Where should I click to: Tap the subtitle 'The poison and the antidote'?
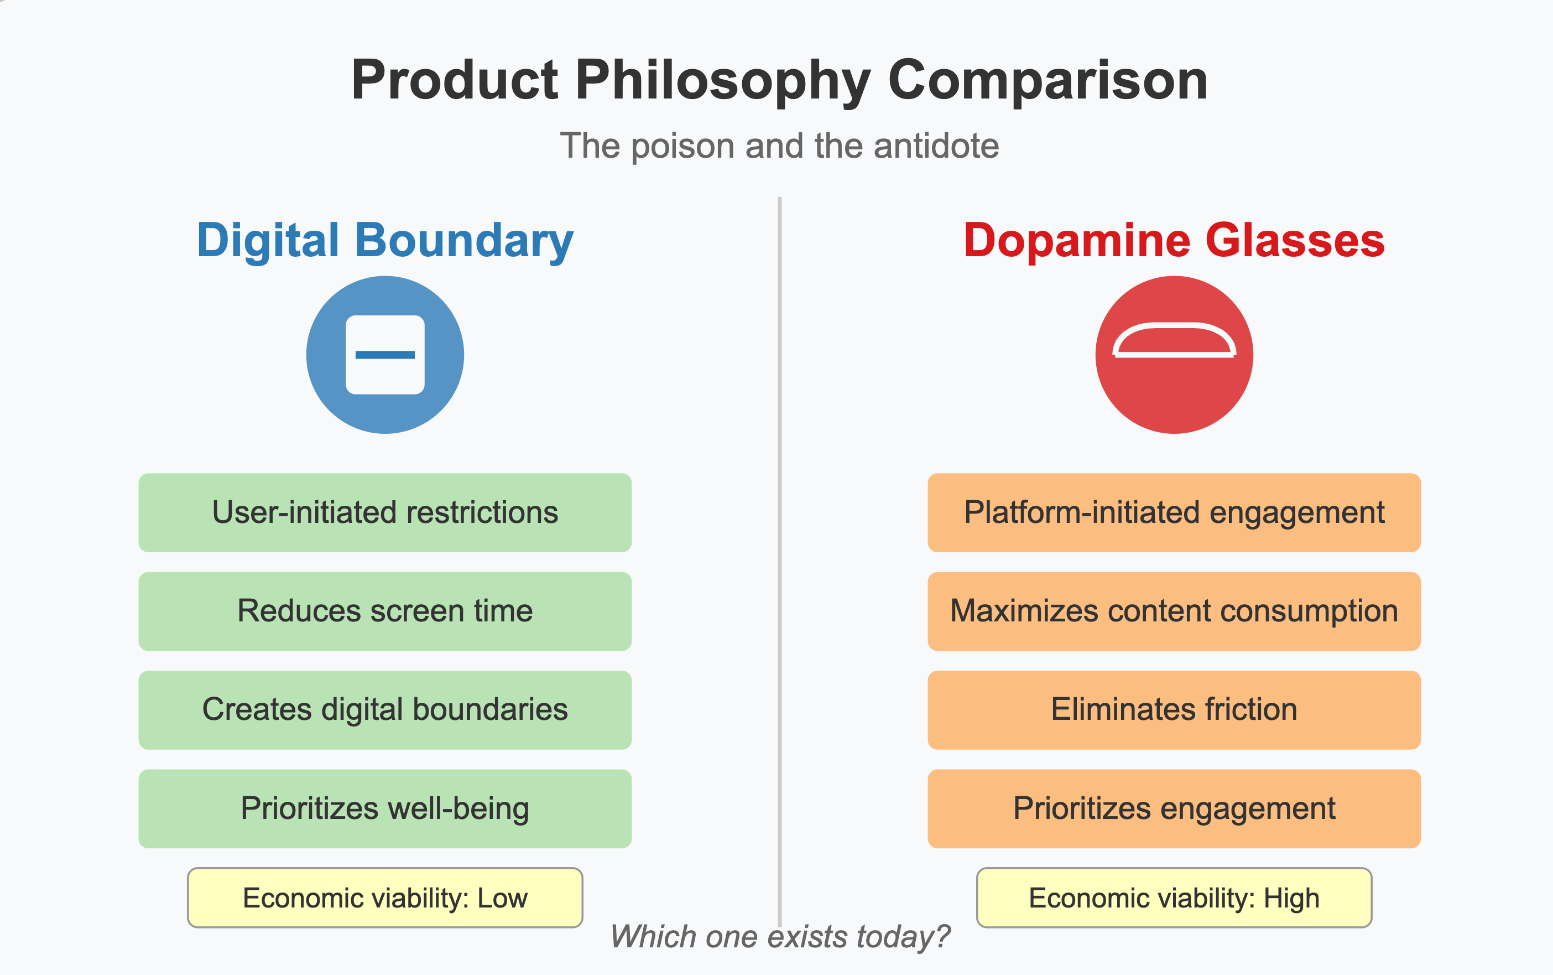779,146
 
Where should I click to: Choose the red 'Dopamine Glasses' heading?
1174,241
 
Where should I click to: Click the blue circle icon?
385,355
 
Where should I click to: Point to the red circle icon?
1174,355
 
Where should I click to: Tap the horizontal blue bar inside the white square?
385,355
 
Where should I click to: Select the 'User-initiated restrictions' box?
385,512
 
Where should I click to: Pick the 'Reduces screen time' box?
385,611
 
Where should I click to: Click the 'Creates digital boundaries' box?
385,710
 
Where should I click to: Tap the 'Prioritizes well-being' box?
385,808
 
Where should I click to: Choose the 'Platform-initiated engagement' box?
1174,512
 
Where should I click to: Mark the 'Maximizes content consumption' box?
1174,611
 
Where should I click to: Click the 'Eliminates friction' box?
1174,710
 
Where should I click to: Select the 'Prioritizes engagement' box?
1174,808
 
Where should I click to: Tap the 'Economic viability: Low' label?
385,898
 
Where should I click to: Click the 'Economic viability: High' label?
1174,898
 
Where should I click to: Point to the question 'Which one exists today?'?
780,937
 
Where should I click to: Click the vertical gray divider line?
780,561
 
